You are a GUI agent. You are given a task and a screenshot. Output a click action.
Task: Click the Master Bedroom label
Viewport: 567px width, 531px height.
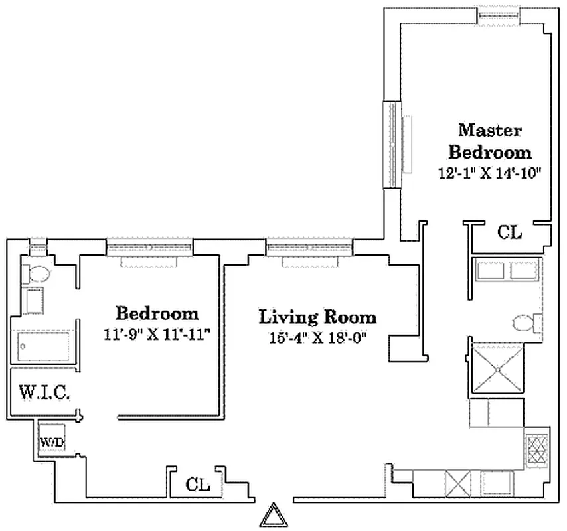pos(490,141)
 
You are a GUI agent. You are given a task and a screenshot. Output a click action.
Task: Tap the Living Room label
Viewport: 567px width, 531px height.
pos(317,317)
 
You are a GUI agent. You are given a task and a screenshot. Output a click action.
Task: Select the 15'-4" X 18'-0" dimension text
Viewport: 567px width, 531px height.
pos(317,337)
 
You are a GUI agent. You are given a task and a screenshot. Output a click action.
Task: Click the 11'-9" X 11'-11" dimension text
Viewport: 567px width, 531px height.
pos(157,334)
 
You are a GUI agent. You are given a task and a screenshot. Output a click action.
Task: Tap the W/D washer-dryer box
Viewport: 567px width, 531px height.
pos(50,440)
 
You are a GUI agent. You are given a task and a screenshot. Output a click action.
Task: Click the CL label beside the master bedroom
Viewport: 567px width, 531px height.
pos(510,233)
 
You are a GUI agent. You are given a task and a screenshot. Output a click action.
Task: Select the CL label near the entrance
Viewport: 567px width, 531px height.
pos(197,484)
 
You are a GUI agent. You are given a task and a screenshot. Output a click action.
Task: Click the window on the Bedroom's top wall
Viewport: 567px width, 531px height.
pos(149,248)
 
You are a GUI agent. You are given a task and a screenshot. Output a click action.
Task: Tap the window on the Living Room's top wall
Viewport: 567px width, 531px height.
pos(309,248)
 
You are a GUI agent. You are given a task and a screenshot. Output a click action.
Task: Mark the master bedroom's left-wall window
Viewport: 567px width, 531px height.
pos(392,145)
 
